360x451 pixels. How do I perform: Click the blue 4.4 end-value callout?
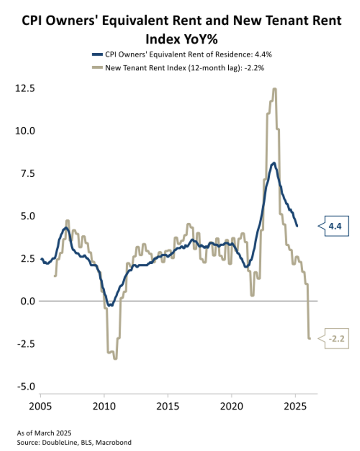coord(334,226)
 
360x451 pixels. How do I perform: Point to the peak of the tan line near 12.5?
coord(274,89)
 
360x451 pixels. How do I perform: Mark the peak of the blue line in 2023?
coord(274,163)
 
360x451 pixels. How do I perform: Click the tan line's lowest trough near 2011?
coord(115,359)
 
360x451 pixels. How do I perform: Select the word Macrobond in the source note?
coord(116,442)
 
